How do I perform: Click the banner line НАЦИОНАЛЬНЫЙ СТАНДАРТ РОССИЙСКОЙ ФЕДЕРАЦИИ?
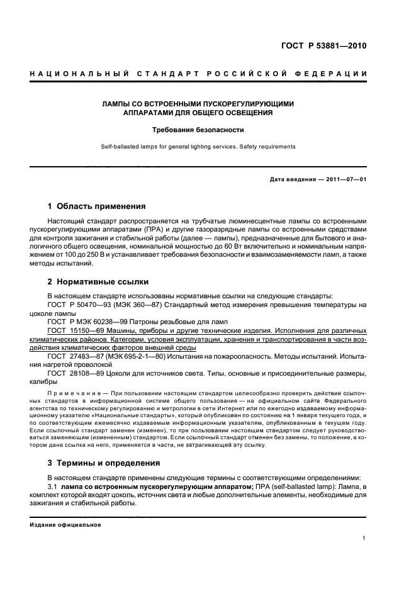pyautogui.click(x=198, y=74)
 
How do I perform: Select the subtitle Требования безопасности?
pyautogui.click(x=198, y=130)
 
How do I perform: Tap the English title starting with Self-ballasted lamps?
pyautogui.click(x=198, y=146)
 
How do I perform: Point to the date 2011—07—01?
pyautogui.click(x=344, y=179)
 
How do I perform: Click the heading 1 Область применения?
pyautogui.click(x=97, y=206)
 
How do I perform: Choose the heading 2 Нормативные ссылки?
pyautogui.click(x=98, y=282)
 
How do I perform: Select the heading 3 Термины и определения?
pyautogui.click(x=104, y=463)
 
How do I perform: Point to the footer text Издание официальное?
pyautogui.click(x=65, y=525)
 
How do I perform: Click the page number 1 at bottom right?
pyautogui.click(x=364, y=538)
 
